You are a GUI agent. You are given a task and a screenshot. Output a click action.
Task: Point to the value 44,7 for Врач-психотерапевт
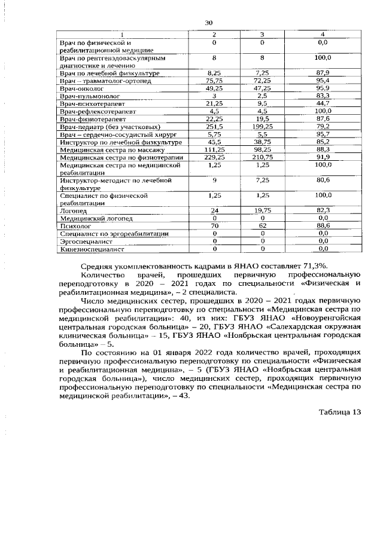click(323, 103)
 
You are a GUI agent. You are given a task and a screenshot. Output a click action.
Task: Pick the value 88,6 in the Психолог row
click(323, 227)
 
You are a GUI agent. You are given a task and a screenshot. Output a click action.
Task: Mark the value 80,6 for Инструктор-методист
click(323, 180)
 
